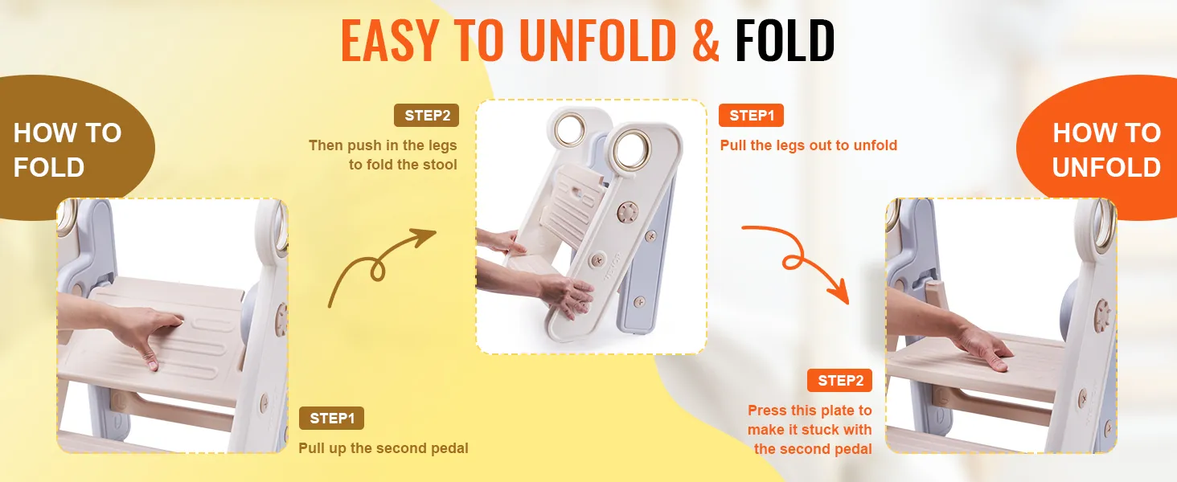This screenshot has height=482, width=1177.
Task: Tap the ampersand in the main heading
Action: pos(705,40)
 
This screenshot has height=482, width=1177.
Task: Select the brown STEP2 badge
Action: pos(426,115)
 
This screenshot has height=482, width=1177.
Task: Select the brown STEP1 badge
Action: pos(331,419)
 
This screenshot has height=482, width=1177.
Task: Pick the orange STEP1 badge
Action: pos(751,115)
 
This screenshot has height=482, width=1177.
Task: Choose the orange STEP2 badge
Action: pos(839,381)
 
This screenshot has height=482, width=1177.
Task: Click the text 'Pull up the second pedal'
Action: pos(383,447)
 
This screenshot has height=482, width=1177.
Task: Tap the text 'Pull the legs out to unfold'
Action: pos(808,145)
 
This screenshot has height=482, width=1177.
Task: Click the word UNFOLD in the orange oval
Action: pos(1106,167)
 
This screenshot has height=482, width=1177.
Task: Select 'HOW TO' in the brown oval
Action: pos(68,133)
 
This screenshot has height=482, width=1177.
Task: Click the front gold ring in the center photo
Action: pos(630,150)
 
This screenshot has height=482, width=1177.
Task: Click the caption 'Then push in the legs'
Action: pos(383,145)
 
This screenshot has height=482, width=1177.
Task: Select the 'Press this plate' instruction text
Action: pos(810,411)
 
